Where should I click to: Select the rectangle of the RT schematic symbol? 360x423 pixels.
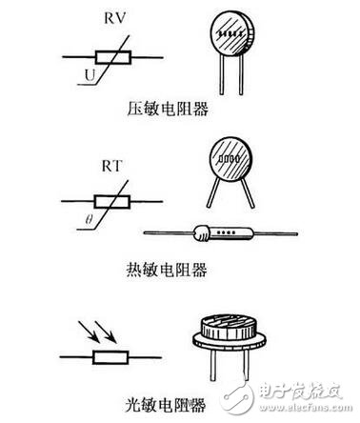tap(111, 202)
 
